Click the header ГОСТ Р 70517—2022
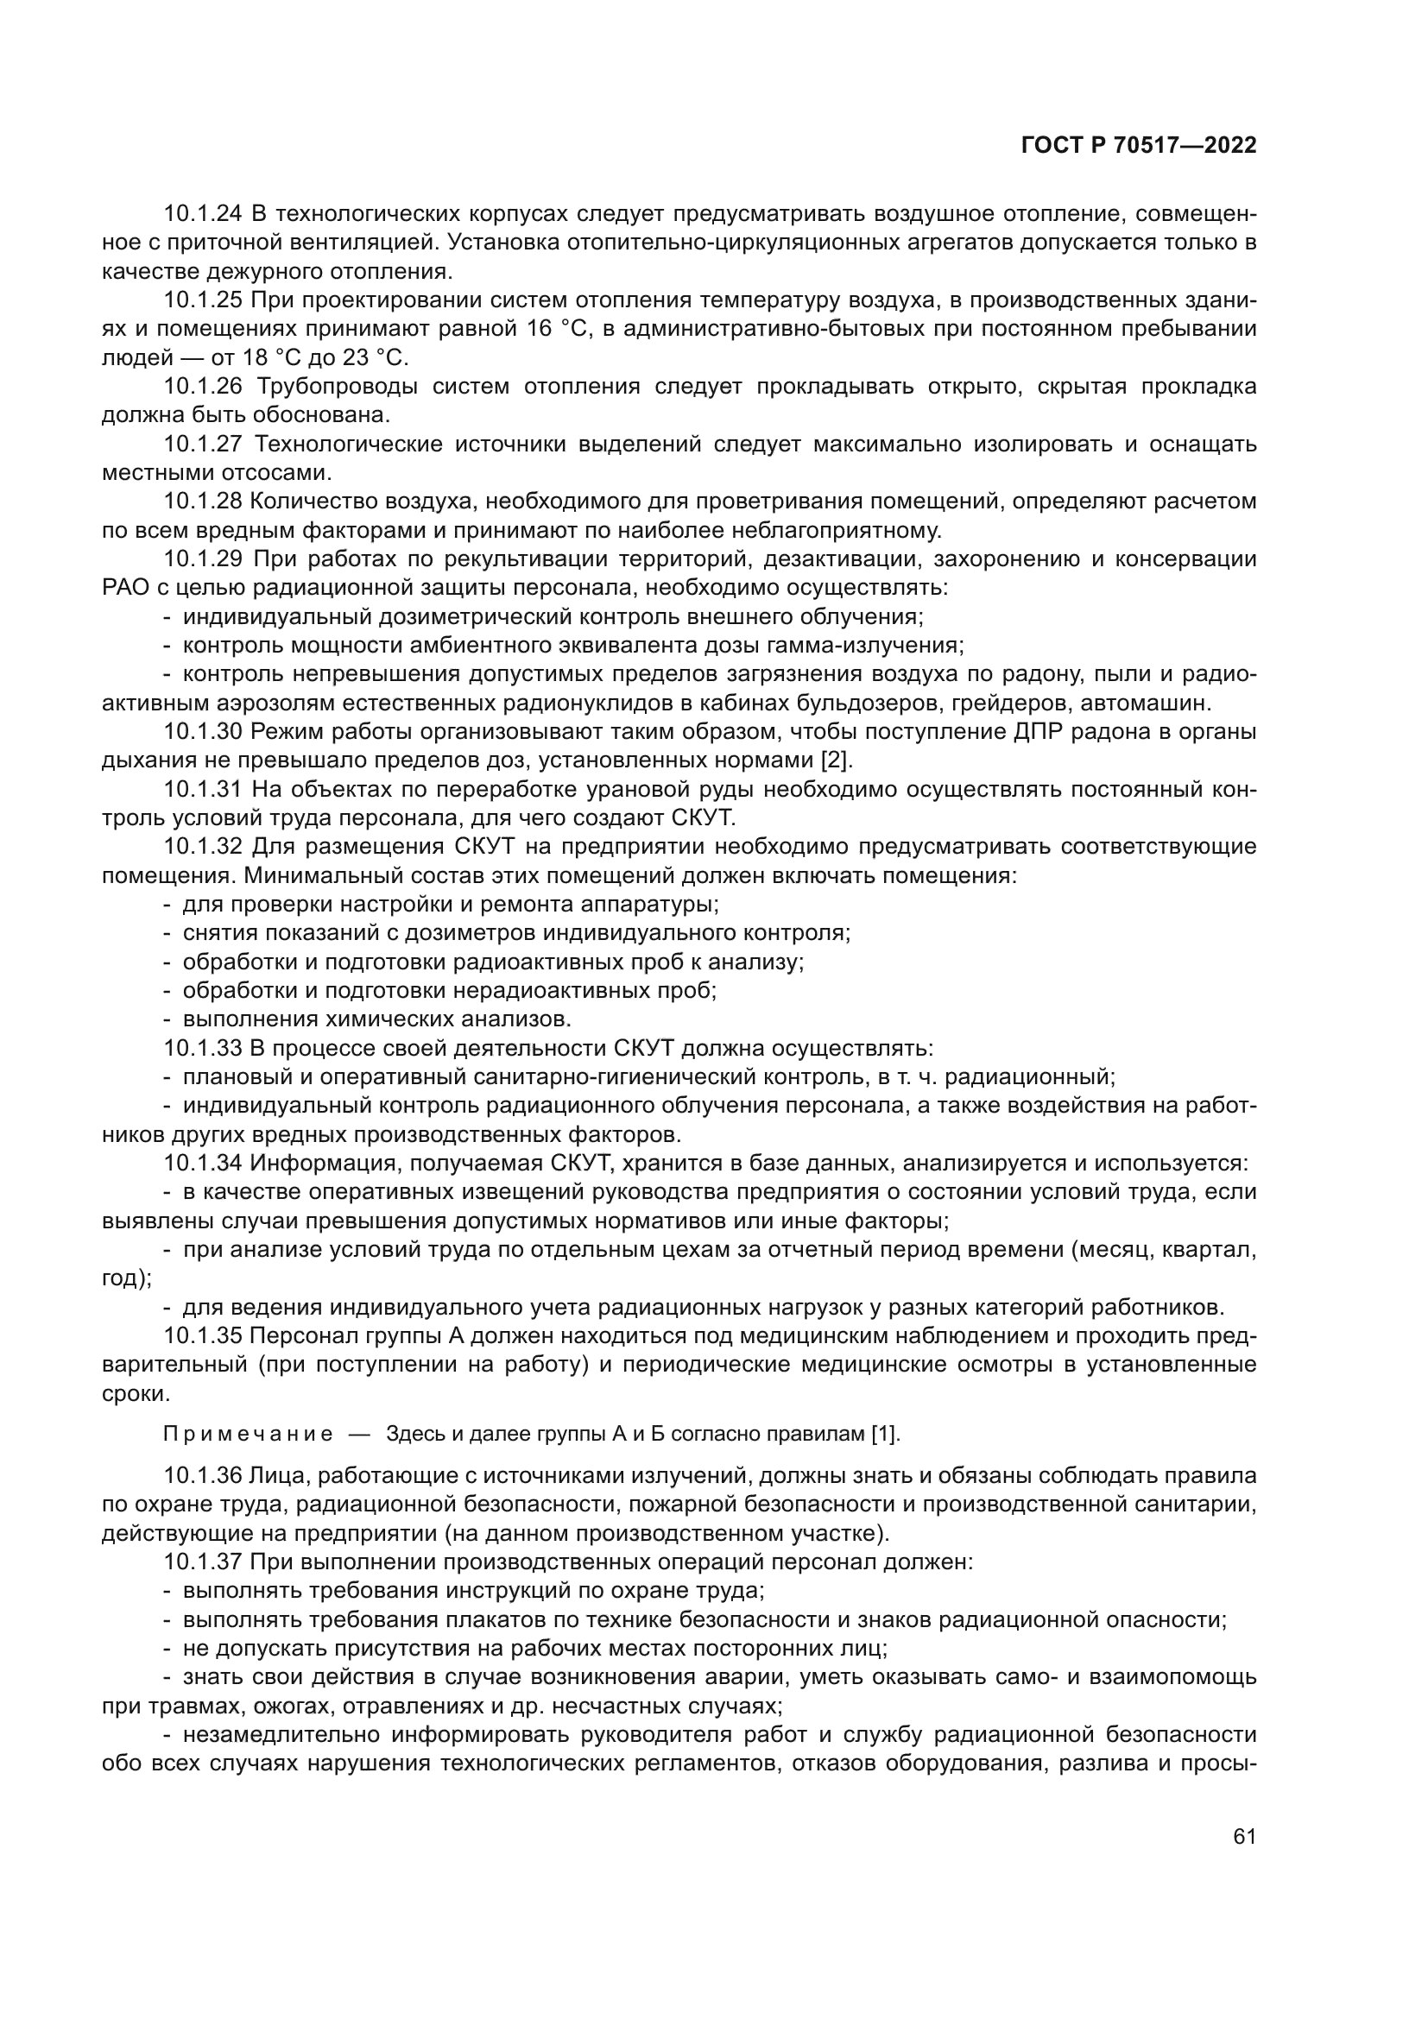tap(1139, 146)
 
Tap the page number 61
tap(1244, 1837)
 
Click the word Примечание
tap(248, 1435)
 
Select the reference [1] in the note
tap(885, 1435)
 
